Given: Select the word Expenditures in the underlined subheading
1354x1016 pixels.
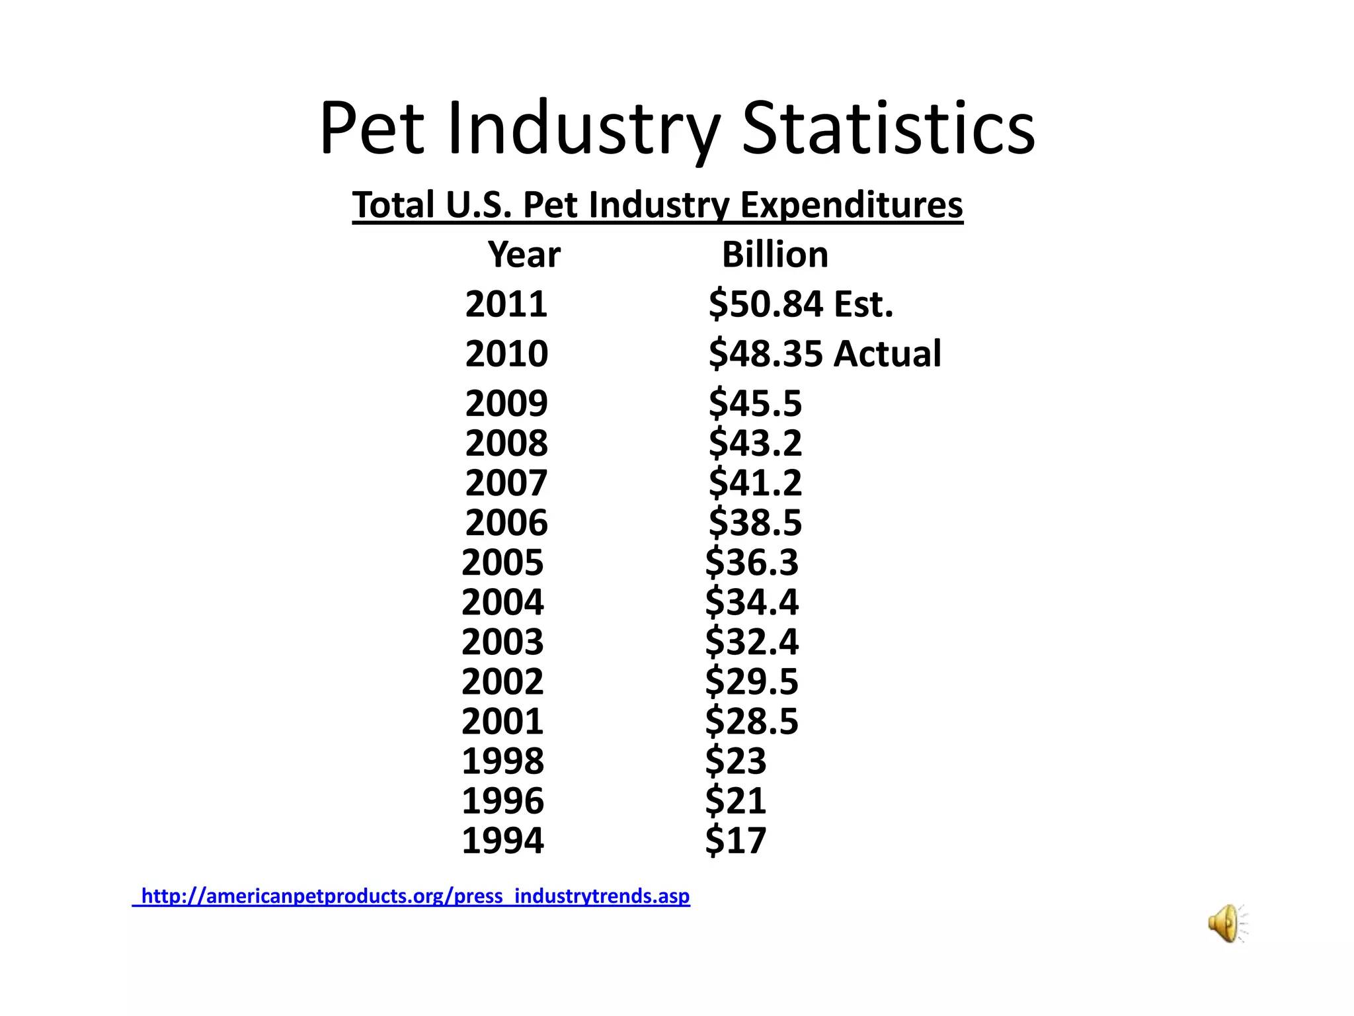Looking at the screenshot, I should point(851,204).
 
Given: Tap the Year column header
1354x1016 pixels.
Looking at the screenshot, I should point(524,255).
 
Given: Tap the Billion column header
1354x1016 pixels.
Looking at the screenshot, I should point(775,255).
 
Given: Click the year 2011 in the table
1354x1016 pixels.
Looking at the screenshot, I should point(506,304).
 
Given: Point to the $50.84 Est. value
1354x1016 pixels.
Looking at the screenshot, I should point(801,304).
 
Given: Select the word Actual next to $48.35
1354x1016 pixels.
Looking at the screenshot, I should point(887,353).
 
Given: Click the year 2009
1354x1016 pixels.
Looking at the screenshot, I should point(506,403).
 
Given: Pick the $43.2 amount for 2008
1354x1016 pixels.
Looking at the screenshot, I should point(755,443).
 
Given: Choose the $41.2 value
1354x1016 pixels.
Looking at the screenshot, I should point(755,483).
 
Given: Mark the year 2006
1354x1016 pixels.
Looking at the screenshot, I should point(506,523).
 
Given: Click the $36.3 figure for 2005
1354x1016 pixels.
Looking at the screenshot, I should point(752,562).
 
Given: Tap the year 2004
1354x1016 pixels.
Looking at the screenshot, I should point(502,602).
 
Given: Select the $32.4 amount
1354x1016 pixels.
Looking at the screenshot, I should point(752,642).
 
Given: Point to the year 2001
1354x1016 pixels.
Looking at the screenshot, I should point(502,721).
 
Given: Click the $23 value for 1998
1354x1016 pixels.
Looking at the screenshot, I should point(735,761).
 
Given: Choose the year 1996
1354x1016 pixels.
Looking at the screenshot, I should point(502,800).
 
